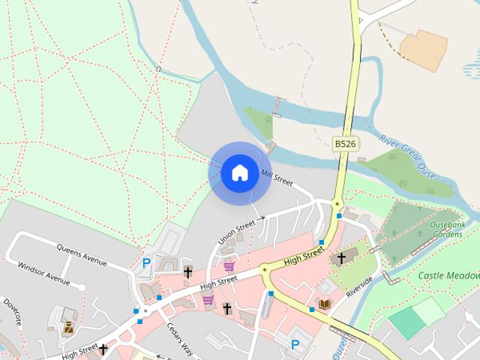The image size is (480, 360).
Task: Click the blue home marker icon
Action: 239,172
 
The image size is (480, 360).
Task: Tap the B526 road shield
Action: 345,143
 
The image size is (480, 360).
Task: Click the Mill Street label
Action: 276,177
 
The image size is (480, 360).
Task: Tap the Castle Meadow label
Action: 449,276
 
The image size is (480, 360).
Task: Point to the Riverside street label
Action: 359,286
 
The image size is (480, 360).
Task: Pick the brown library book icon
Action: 325,304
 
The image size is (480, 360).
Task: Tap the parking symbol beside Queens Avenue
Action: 146,263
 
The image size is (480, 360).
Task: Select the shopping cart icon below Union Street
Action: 229,266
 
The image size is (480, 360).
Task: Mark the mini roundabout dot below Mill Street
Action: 337,203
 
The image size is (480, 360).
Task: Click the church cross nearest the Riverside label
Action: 341,259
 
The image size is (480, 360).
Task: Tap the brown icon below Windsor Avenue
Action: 68,327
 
